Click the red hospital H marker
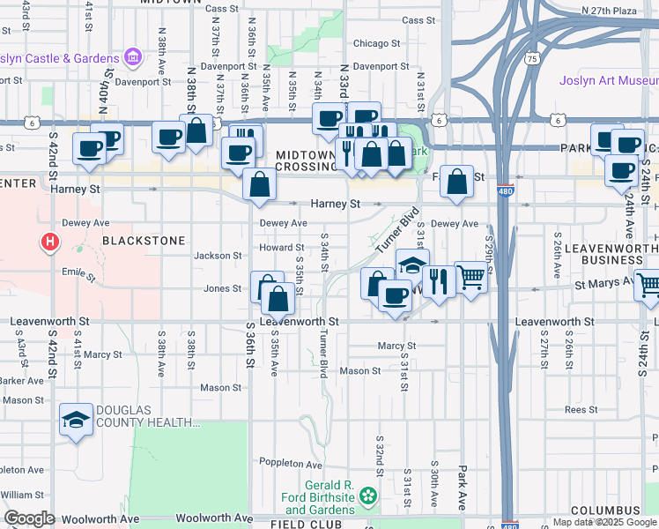[x=51, y=240]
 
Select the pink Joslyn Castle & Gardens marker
[x=134, y=58]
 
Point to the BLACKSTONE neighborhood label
[x=144, y=240]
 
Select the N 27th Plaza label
[x=610, y=11]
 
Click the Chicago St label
[x=377, y=43]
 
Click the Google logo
[x=30, y=518]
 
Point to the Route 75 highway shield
[x=531, y=58]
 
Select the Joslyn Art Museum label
[x=609, y=81]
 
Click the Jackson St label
[x=218, y=256]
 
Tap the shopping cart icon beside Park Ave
[x=471, y=279]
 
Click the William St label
[x=22, y=495]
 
